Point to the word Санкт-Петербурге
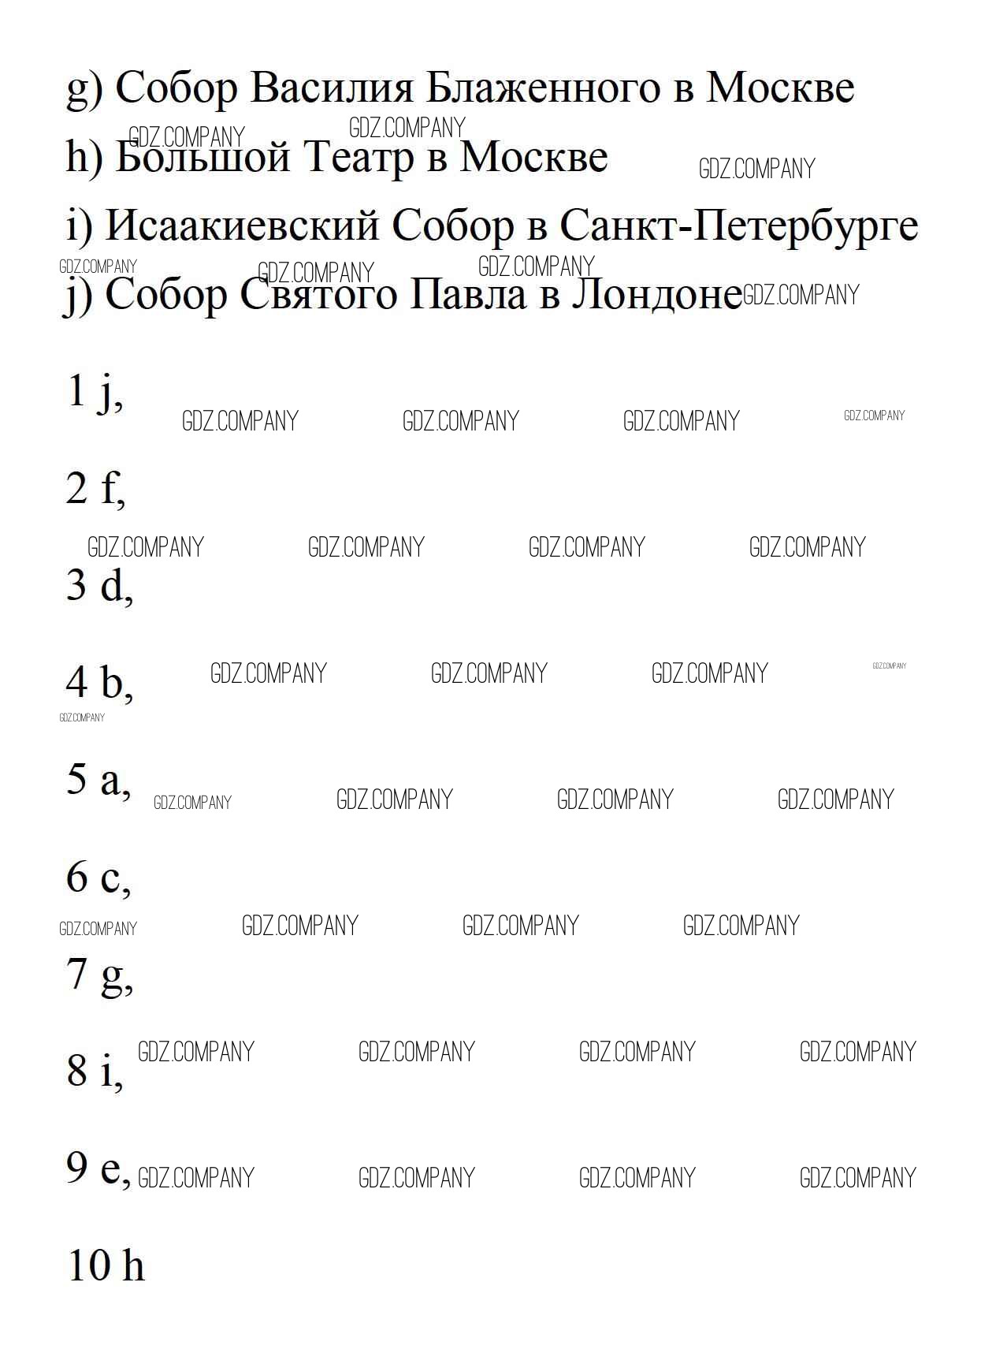click(x=738, y=226)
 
